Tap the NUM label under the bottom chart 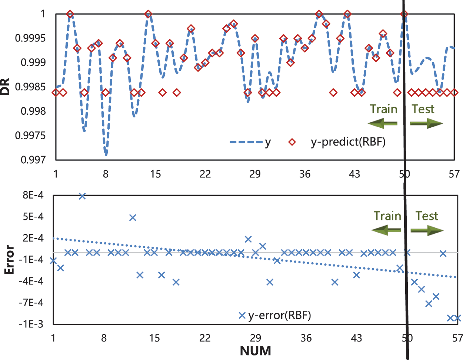click(x=255, y=350)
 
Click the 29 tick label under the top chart click(x=255, y=174)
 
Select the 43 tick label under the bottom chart click(x=356, y=338)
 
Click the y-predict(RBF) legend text click(x=348, y=142)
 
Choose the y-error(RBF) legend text click(x=280, y=316)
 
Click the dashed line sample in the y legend click(x=246, y=142)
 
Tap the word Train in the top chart click(x=383, y=109)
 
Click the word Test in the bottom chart click(x=427, y=216)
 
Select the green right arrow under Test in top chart click(x=426, y=123)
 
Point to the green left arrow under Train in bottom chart click(x=386, y=230)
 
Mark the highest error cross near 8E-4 click(x=82, y=196)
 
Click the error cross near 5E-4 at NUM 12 click(x=133, y=217)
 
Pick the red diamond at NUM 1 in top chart click(x=56, y=92)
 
